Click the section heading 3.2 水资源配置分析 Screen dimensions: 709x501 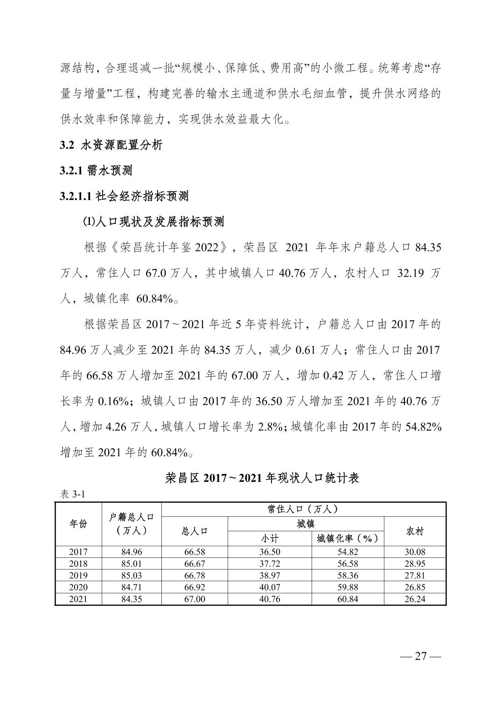[111, 145]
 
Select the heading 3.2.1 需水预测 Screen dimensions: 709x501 [96, 171]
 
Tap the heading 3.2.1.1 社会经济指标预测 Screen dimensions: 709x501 [124, 196]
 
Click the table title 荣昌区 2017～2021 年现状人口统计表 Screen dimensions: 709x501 [262, 478]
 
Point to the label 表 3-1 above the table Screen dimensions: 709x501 [72, 494]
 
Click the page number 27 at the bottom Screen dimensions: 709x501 [421, 656]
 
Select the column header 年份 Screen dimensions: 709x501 [78, 524]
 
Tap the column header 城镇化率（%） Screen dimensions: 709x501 [348, 539]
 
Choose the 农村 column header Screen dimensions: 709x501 [415, 531]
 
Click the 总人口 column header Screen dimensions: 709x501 [195, 531]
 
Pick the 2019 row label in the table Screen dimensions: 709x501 [78, 575]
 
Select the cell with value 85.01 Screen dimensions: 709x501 [132, 563]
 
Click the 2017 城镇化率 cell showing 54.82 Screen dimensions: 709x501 [348, 552]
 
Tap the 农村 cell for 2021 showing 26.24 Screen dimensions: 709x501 [415, 599]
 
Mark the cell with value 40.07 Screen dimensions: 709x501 [270, 587]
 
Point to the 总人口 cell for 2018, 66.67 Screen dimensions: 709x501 [195, 563]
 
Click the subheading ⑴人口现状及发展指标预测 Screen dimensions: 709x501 [154, 222]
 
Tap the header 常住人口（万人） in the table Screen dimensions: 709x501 [303, 509]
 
